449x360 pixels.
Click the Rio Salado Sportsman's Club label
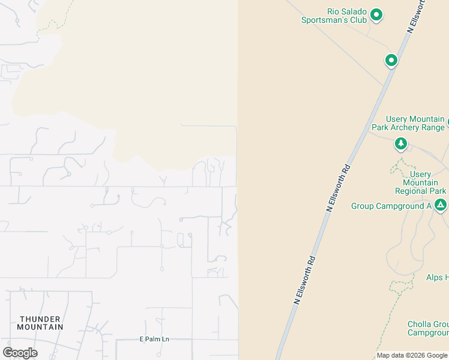click(334, 16)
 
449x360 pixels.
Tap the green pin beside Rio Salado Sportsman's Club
click(376, 14)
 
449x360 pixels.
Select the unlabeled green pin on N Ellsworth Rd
click(391, 60)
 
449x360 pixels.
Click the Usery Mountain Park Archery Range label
click(408, 123)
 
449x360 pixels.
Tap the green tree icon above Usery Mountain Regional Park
click(401, 144)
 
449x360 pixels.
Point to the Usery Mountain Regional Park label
click(420, 182)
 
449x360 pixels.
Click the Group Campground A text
click(391, 206)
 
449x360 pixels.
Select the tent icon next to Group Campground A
click(441, 205)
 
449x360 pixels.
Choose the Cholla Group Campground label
click(428, 328)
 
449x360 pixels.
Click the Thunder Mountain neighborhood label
click(40, 323)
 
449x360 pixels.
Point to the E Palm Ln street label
click(154, 339)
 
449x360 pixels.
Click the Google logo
click(20, 353)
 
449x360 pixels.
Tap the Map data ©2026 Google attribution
click(412, 355)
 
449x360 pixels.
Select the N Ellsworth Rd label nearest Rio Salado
click(419, 16)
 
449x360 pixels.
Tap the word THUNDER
click(40, 319)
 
